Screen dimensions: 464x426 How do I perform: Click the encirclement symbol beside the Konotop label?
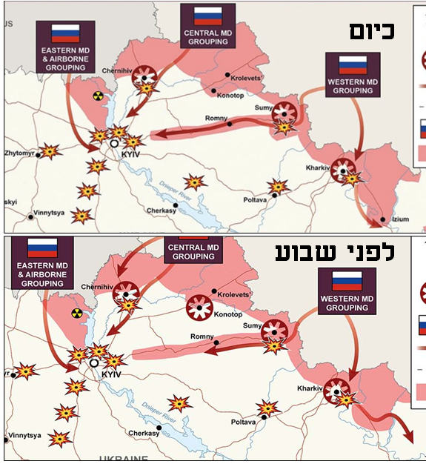(x=200, y=305)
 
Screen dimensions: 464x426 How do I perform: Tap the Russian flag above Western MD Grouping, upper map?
(x=353, y=64)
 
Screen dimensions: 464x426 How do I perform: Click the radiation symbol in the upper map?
(x=97, y=96)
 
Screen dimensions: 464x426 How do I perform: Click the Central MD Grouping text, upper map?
(x=208, y=37)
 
